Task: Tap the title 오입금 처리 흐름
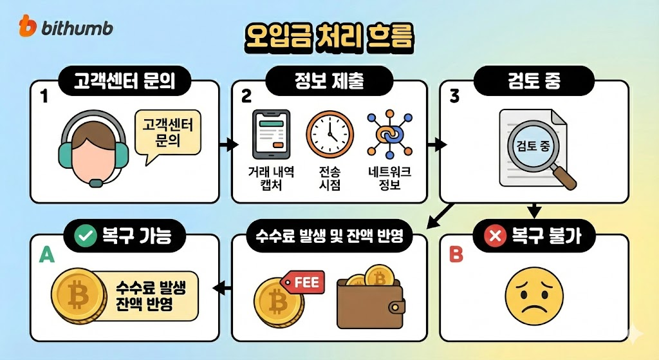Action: [329, 37]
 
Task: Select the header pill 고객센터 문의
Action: [127, 82]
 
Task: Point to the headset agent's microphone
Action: [96, 182]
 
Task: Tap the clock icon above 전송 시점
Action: [329, 135]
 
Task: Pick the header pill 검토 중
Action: [534, 82]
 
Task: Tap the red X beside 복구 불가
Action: [496, 237]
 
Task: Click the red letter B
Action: [456, 255]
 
